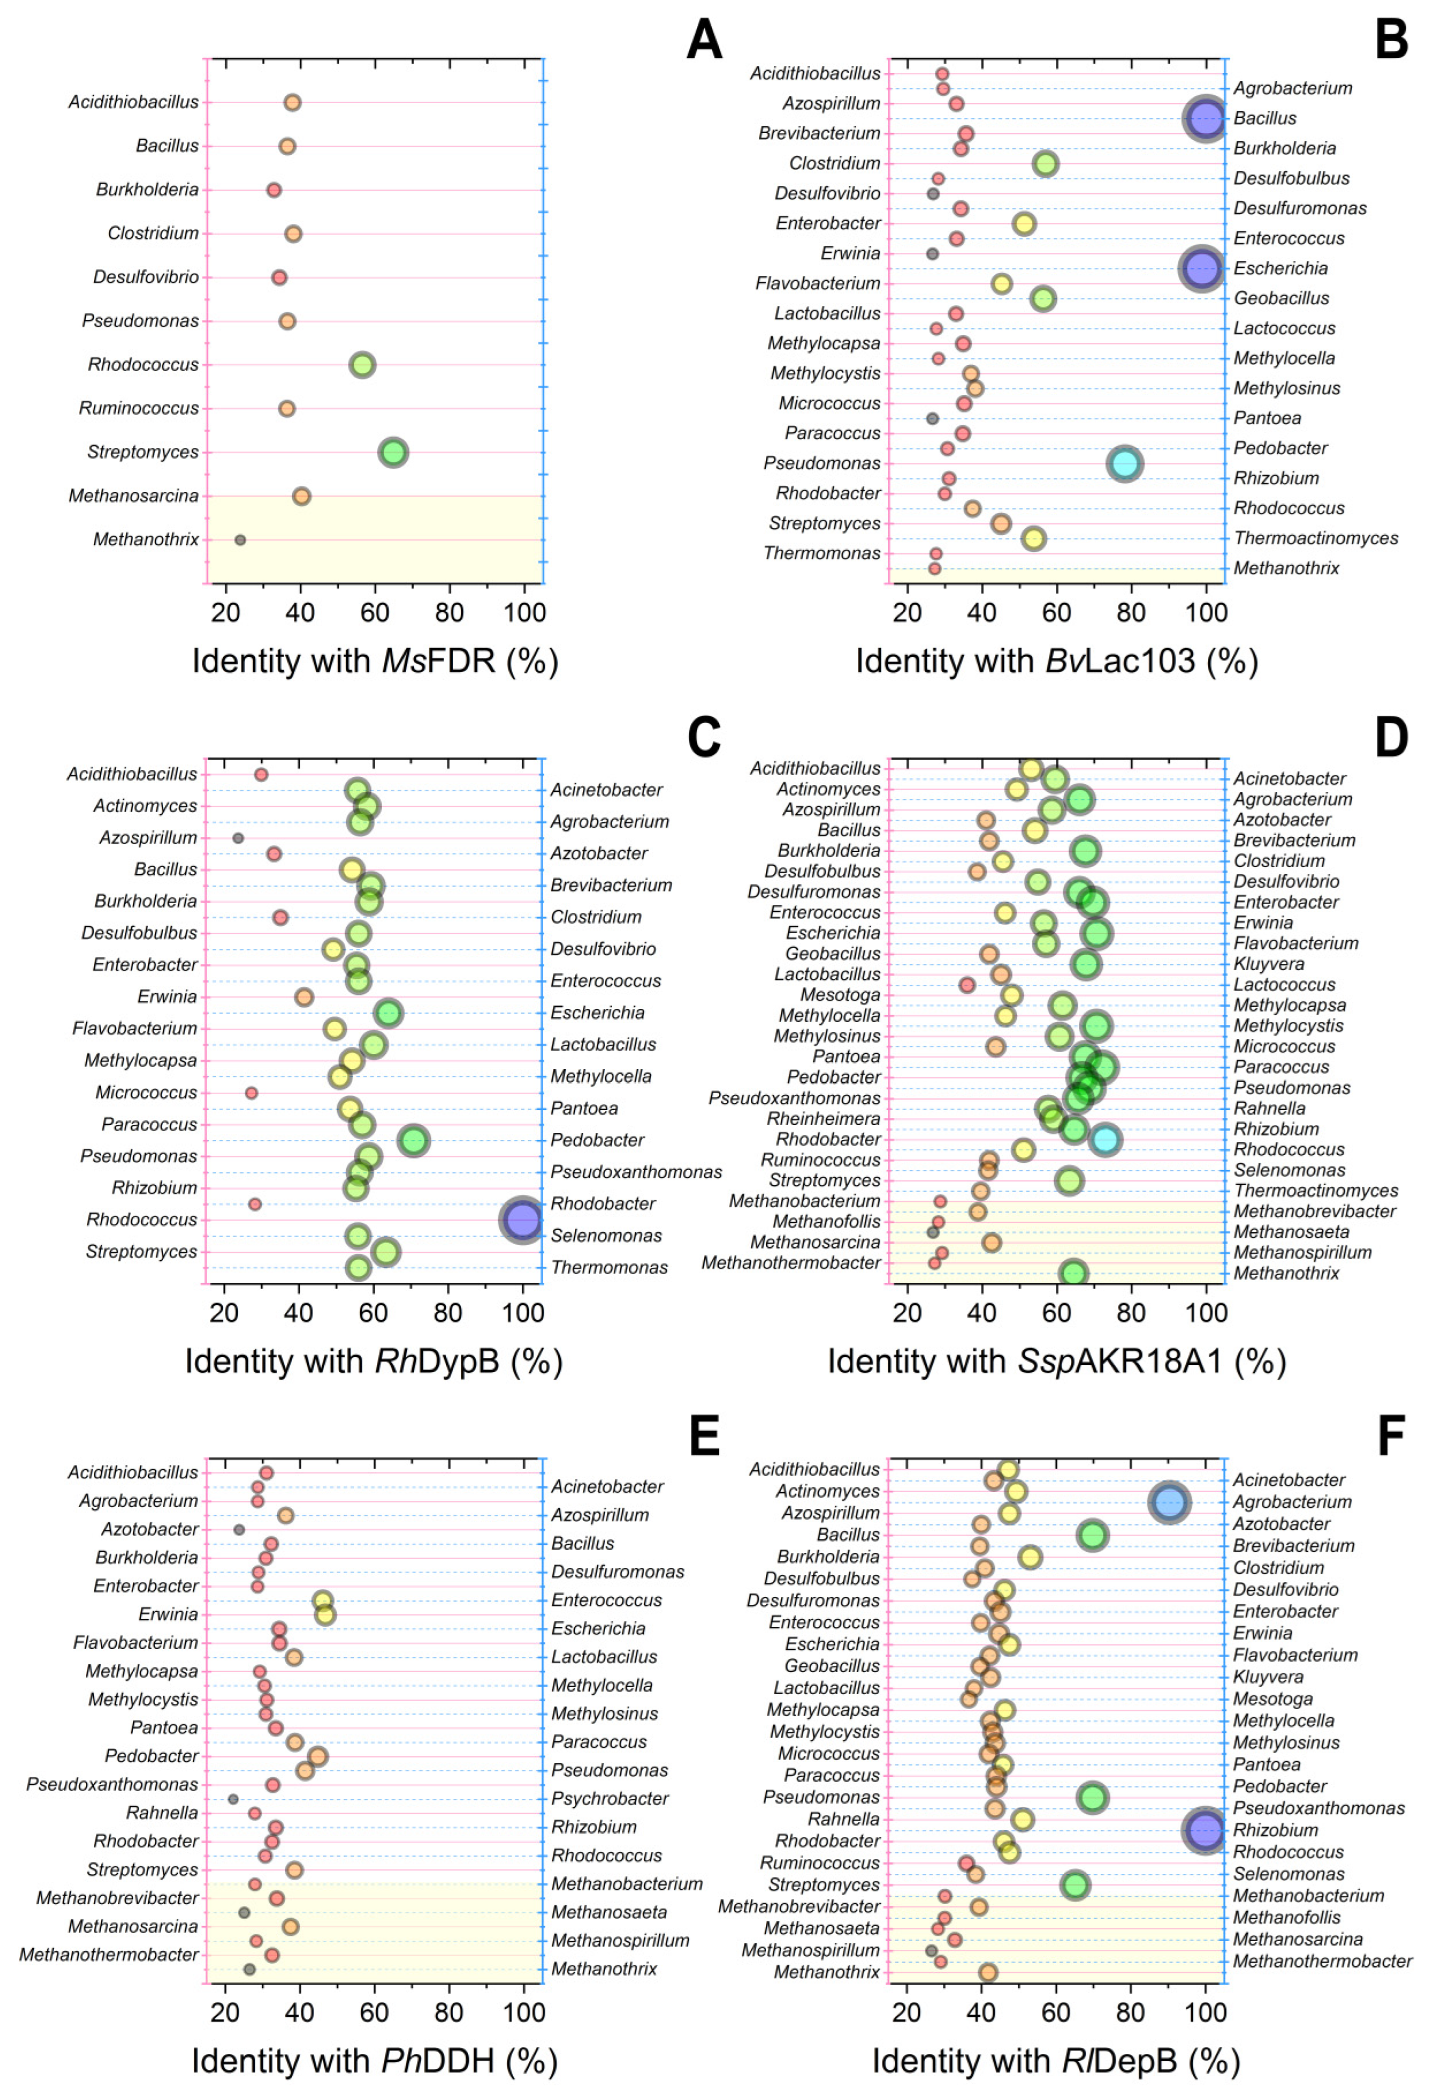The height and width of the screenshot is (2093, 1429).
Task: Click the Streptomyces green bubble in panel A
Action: [x=393, y=452]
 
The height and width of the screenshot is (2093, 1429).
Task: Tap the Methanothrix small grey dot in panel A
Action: [x=239, y=540]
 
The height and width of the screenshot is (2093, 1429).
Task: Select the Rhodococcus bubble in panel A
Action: [x=362, y=365]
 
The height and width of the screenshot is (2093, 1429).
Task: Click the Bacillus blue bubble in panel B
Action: [x=1206, y=118]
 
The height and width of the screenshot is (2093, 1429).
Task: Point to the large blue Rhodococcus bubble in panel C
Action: [x=522, y=1220]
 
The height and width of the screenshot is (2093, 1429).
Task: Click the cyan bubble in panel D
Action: [x=1106, y=1140]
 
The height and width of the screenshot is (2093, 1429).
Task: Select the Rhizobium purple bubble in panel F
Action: [x=1205, y=1830]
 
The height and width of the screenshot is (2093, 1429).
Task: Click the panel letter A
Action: [x=704, y=40]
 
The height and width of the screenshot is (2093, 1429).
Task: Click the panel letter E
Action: [x=704, y=1436]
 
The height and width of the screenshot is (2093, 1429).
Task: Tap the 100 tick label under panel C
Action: [x=522, y=1312]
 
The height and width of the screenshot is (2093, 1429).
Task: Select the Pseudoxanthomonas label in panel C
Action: [x=636, y=1172]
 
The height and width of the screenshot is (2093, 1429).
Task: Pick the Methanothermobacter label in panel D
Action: [x=791, y=1263]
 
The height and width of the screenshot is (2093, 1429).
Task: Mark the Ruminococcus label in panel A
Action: [x=138, y=408]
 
